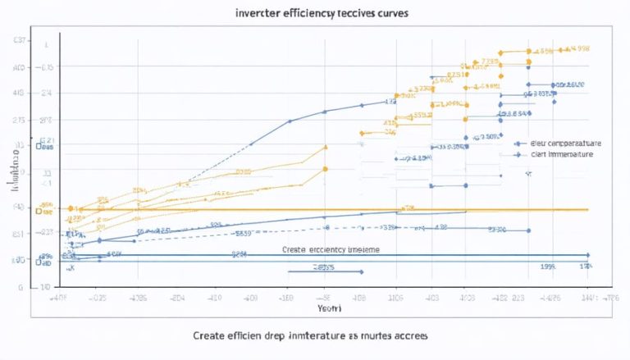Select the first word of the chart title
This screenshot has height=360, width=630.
253,14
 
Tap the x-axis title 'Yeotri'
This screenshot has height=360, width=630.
329,310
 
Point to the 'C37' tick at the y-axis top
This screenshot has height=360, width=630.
19,41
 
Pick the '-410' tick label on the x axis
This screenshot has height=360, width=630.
216,298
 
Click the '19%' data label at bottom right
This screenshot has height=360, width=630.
548,267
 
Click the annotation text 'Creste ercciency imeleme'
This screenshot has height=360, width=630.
331,248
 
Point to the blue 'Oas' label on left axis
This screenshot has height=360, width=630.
43,148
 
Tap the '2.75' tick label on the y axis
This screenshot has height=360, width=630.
19,121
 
